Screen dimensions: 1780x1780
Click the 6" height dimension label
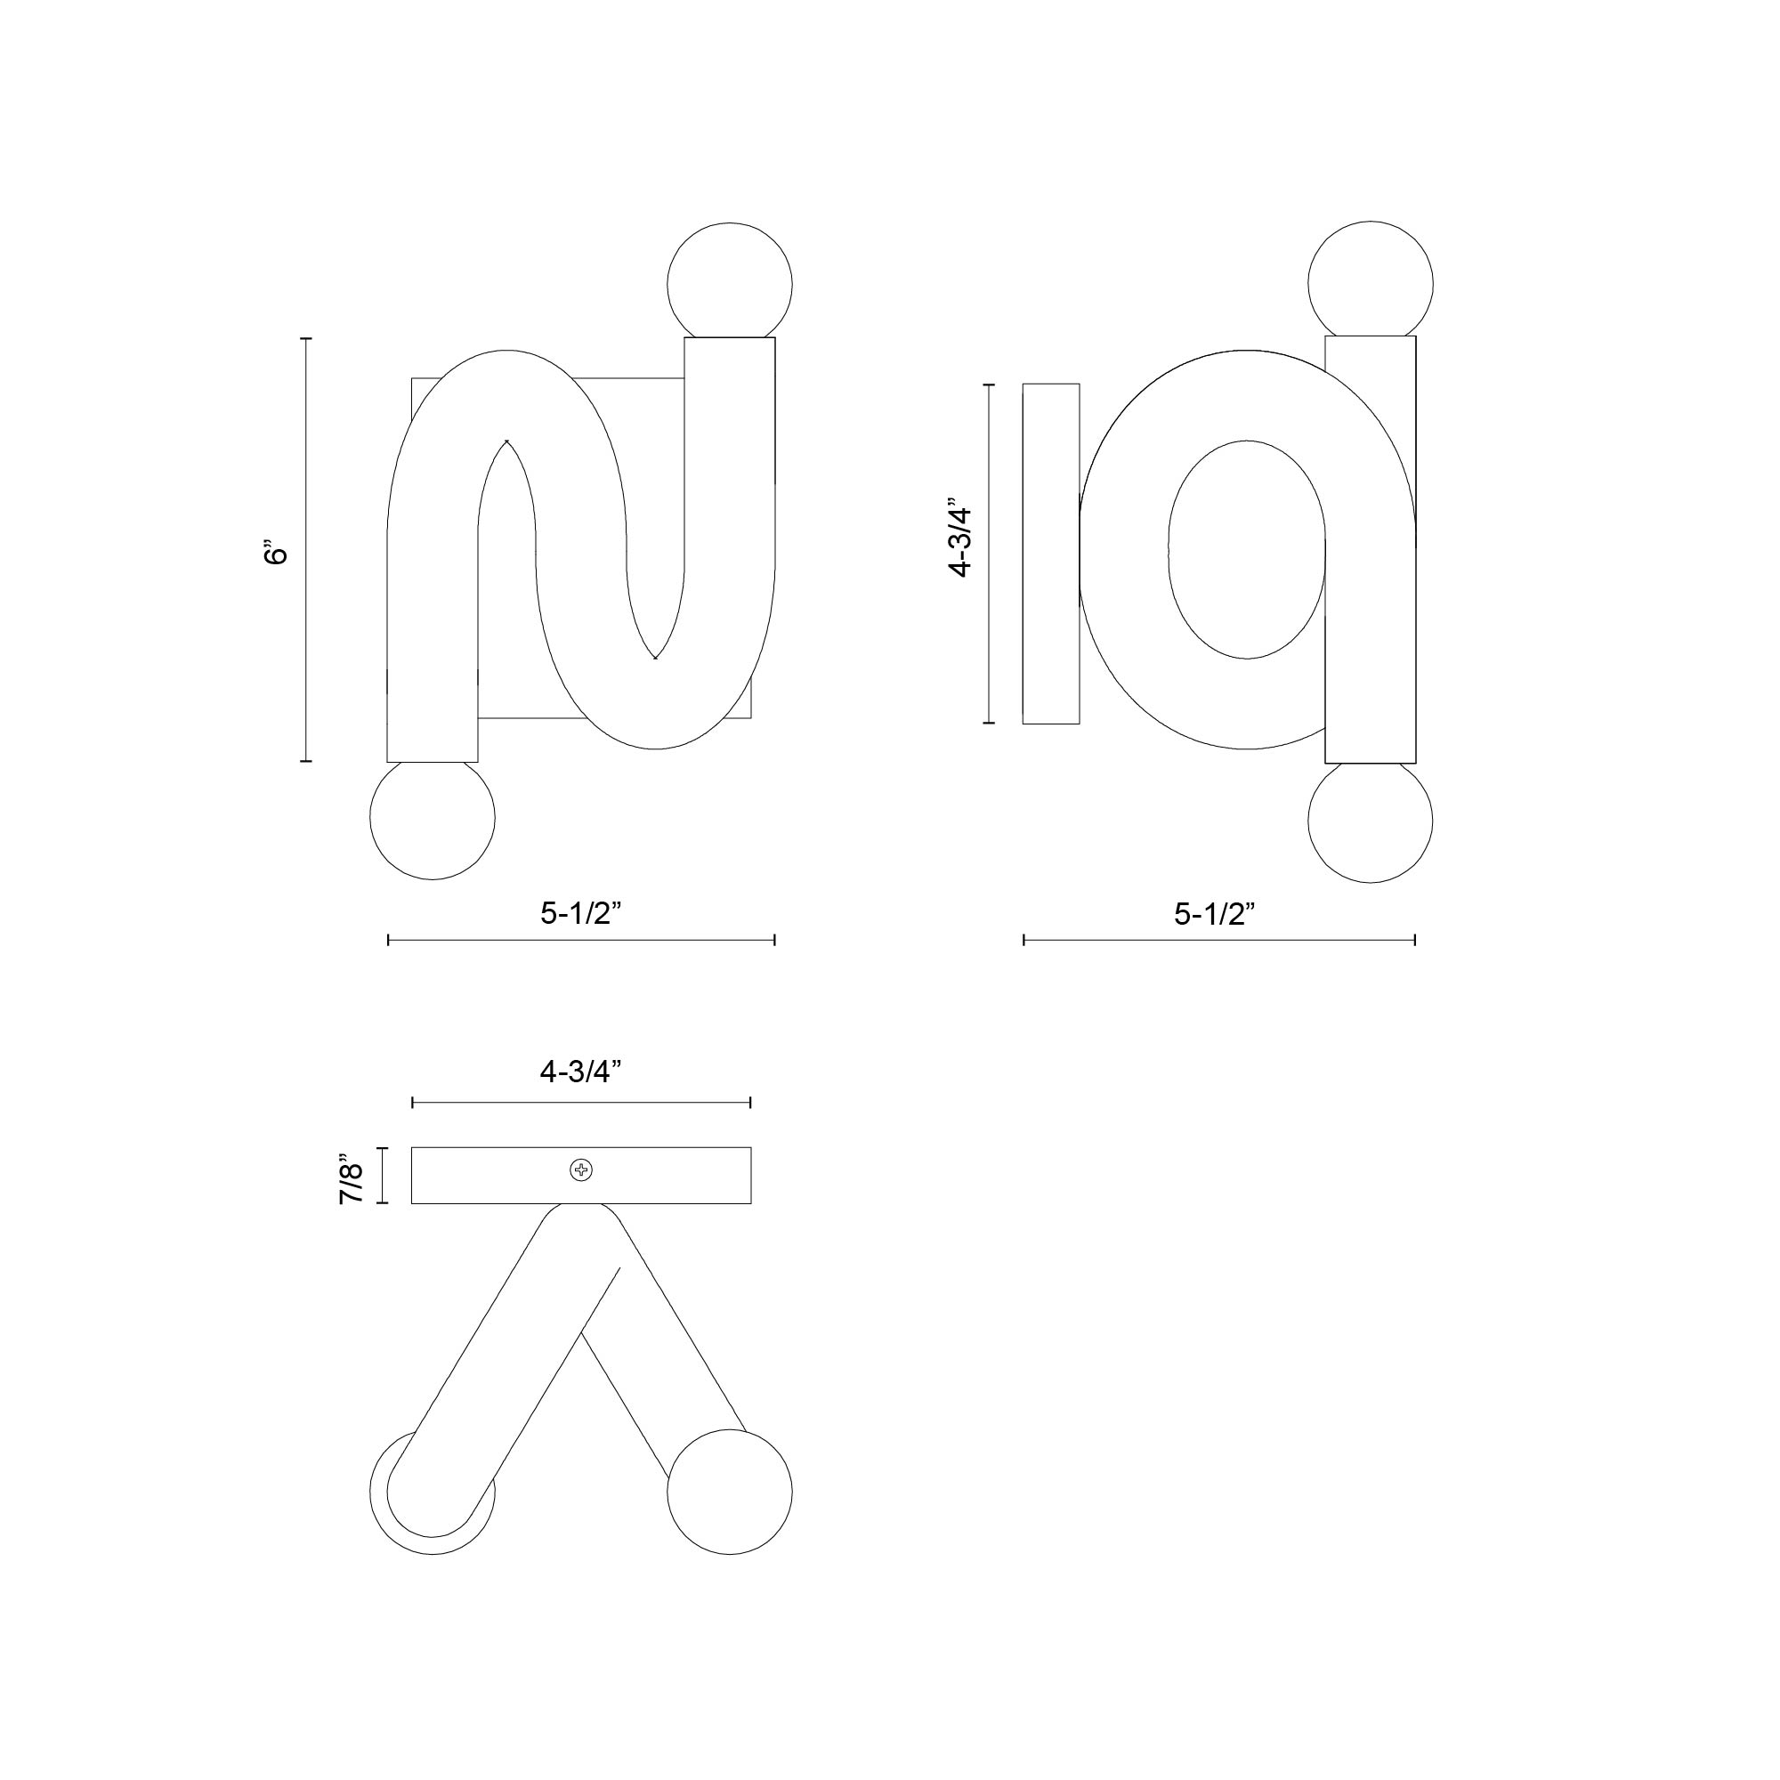(274, 551)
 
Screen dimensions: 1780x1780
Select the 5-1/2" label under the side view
(1215, 914)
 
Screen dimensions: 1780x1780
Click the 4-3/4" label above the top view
(581, 1072)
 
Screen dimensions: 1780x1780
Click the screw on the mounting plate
(581, 1171)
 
